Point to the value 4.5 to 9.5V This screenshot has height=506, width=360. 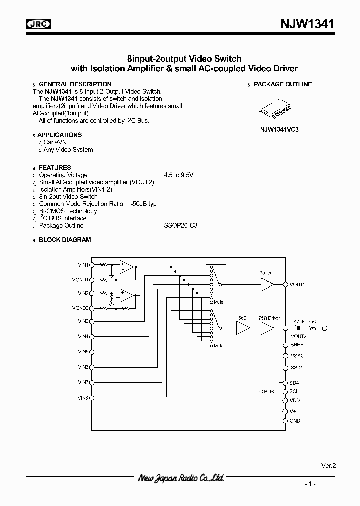178,175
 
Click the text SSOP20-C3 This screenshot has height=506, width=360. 181,226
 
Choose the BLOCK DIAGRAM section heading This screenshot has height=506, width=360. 65,240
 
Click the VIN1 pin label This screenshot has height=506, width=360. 83,265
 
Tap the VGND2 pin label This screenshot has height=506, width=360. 81,308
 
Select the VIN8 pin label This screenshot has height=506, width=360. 83,398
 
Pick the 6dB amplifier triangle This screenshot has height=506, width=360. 243,328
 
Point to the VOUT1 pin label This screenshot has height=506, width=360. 298,285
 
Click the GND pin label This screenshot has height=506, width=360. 295,421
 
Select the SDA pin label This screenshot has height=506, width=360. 294,383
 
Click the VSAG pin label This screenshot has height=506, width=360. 297,356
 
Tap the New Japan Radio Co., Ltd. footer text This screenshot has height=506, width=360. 180,478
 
